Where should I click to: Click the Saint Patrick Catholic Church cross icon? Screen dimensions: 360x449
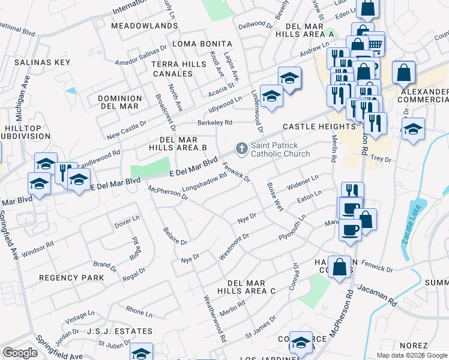pos(241,148)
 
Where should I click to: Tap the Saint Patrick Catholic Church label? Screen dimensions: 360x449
pos(280,149)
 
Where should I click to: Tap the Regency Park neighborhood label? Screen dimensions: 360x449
pos(71,278)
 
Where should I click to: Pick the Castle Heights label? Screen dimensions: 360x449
pos(319,127)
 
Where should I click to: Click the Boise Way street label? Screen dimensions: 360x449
pos(274,196)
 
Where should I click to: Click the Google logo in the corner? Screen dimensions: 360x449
pos(20,353)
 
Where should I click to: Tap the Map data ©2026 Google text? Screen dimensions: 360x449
pos(411,355)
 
